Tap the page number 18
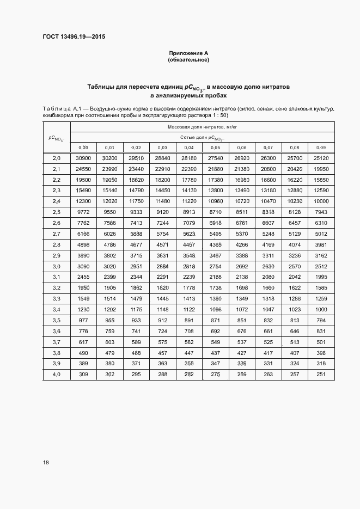46,462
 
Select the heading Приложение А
188,53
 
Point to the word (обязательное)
188,60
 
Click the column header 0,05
215,148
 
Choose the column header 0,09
321,148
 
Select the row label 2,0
56,159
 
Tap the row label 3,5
56,320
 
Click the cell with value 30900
83,159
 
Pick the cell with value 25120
321,159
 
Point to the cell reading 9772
83,212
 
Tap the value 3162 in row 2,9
321,255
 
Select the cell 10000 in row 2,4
321,201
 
